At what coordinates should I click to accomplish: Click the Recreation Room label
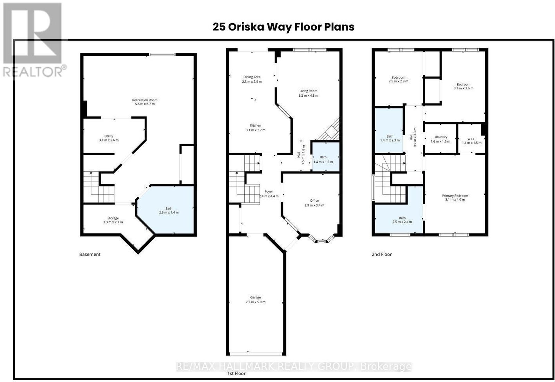(x=145, y=100)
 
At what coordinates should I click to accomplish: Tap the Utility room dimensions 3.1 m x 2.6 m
(x=109, y=140)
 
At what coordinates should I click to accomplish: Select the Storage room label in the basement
(x=113, y=218)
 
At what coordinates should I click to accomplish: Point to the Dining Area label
(x=252, y=77)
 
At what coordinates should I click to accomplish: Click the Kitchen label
(x=255, y=125)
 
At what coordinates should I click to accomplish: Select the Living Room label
(x=308, y=91)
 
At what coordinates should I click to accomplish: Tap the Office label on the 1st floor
(x=314, y=200)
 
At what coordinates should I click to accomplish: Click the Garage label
(x=255, y=297)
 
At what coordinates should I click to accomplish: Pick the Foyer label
(x=269, y=191)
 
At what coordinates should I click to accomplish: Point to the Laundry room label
(x=441, y=137)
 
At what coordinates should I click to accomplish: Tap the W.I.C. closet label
(x=471, y=139)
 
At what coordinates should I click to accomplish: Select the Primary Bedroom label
(x=455, y=196)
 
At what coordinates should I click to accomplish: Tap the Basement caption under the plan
(x=90, y=254)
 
